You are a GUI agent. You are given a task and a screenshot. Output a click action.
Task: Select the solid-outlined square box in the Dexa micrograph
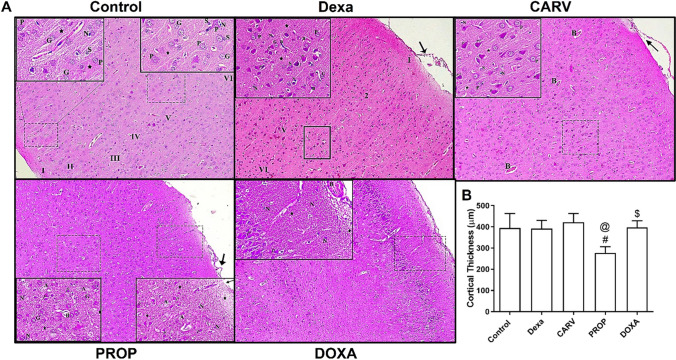pos(317,141)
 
